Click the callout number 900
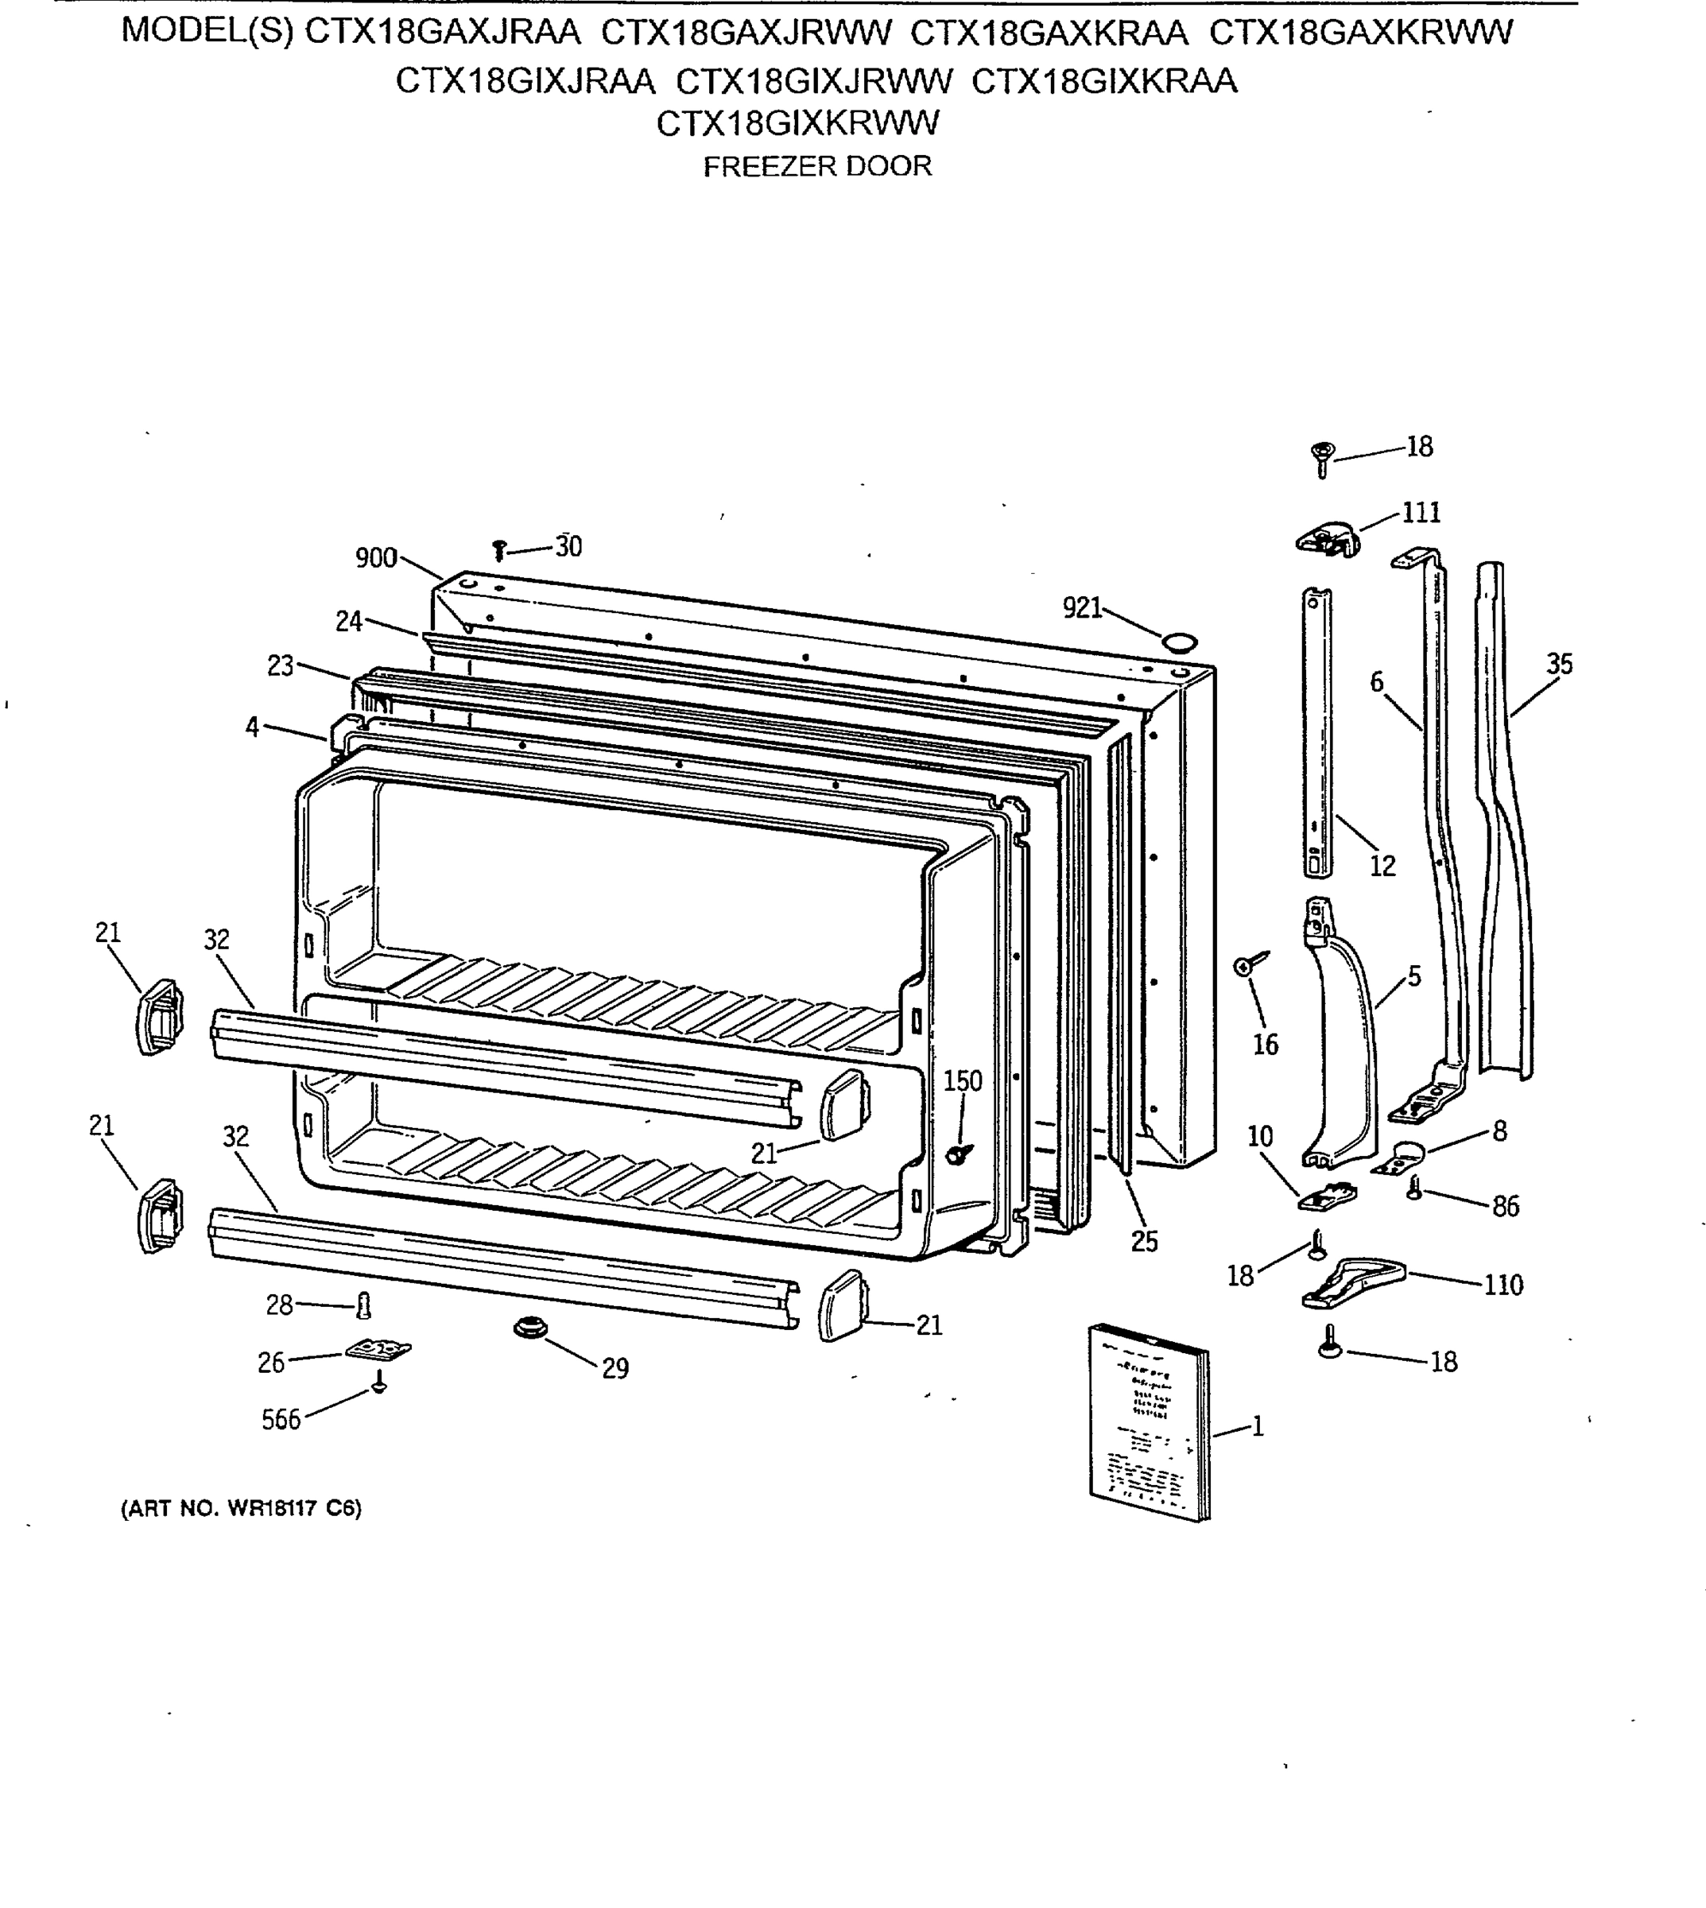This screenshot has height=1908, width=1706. (x=375, y=558)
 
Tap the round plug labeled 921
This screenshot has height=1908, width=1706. (x=1179, y=642)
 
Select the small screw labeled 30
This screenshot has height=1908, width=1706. (x=499, y=550)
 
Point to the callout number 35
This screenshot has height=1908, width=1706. (x=1559, y=664)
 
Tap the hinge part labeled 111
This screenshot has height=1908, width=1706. (x=1328, y=539)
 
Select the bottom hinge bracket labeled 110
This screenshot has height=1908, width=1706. (x=1352, y=1282)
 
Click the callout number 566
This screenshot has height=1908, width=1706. (x=281, y=1420)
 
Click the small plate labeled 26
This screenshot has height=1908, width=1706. (x=378, y=1349)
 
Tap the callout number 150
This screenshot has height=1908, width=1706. (x=962, y=1081)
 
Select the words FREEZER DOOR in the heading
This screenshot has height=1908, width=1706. (x=817, y=166)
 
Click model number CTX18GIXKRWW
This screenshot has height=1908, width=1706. (x=797, y=122)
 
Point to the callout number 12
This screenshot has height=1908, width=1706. (x=1382, y=866)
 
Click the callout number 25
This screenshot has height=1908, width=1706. (x=1145, y=1241)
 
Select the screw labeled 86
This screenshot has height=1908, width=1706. (x=1415, y=1190)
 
